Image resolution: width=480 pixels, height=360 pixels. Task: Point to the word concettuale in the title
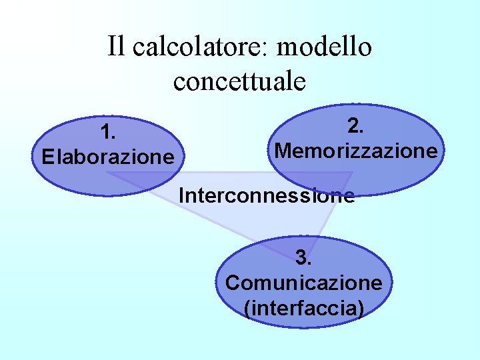point(239,81)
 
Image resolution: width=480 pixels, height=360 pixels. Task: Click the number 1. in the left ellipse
point(108,132)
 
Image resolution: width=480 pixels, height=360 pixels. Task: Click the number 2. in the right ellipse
point(356,125)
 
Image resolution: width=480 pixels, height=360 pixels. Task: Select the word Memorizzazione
point(356,151)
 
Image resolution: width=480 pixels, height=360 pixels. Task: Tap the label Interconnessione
point(266,195)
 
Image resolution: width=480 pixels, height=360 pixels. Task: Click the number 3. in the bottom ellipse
point(304,257)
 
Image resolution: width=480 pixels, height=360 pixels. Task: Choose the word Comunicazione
point(304,283)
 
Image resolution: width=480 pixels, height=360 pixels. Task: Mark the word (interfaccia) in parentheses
point(304,309)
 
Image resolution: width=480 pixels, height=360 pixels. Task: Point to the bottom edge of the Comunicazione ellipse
point(304,327)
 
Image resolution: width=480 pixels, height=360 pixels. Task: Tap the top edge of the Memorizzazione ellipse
point(357,105)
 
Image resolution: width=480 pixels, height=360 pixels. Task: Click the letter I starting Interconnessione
point(181,195)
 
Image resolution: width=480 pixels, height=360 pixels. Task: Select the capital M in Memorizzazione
point(282,151)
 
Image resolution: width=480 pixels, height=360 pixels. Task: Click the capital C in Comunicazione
point(233,283)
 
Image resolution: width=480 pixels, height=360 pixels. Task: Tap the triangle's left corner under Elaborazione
point(108,173)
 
